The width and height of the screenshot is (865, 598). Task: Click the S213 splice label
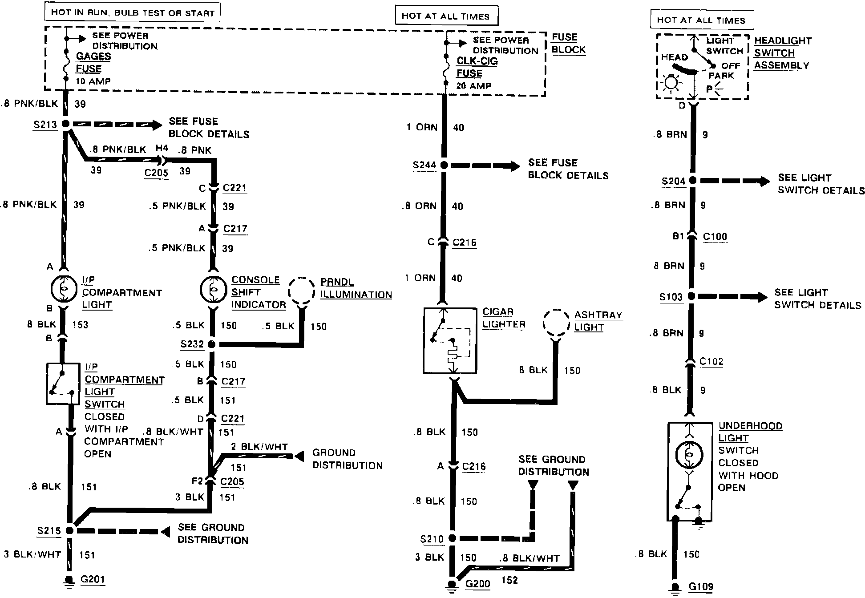click(x=45, y=125)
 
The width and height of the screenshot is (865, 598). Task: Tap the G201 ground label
click(x=93, y=579)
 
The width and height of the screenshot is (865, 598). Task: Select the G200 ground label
click(x=477, y=583)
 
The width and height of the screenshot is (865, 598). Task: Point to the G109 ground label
click(x=701, y=587)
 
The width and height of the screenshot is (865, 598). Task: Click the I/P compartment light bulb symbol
click(x=64, y=289)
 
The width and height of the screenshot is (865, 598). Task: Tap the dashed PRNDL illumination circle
click(x=301, y=291)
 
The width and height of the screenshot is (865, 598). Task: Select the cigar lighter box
click(x=449, y=340)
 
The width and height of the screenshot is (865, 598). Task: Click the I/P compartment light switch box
click(x=63, y=384)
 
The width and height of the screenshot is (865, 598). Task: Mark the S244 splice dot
click(x=444, y=165)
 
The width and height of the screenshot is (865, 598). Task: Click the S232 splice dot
click(x=212, y=344)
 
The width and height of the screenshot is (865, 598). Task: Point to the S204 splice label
click(x=673, y=181)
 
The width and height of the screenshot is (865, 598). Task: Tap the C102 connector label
click(x=711, y=361)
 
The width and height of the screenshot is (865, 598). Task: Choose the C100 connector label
click(x=715, y=237)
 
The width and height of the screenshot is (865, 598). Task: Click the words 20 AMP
click(x=473, y=85)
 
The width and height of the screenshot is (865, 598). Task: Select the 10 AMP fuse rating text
click(x=93, y=81)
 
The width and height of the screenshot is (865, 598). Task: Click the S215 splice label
click(x=49, y=531)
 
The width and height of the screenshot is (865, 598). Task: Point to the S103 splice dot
click(x=691, y=296)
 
